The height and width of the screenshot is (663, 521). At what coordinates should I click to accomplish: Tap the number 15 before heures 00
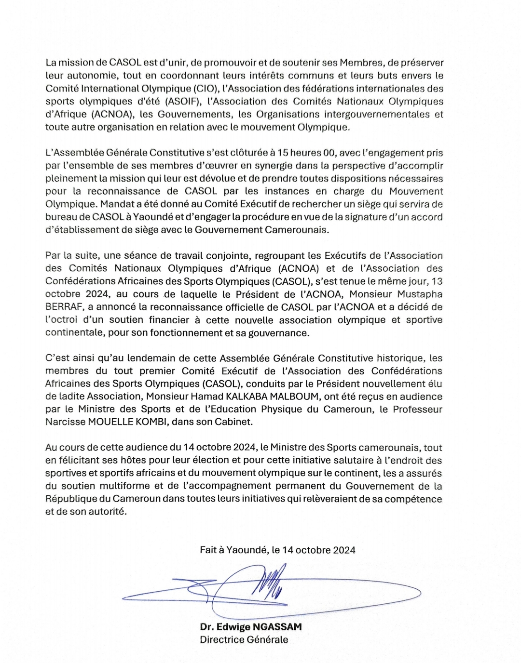[283, 153]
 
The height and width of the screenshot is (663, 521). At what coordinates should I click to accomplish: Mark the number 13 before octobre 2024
[437, 281]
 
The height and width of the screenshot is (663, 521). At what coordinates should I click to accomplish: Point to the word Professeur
[417, 409]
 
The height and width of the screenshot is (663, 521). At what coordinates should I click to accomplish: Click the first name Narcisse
[65, 422]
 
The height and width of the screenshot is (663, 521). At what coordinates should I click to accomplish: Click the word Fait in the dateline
[208, 550]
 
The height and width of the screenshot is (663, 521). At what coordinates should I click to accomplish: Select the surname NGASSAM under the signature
[277, 627]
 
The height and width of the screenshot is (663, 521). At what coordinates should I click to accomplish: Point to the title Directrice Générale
[244, 640]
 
